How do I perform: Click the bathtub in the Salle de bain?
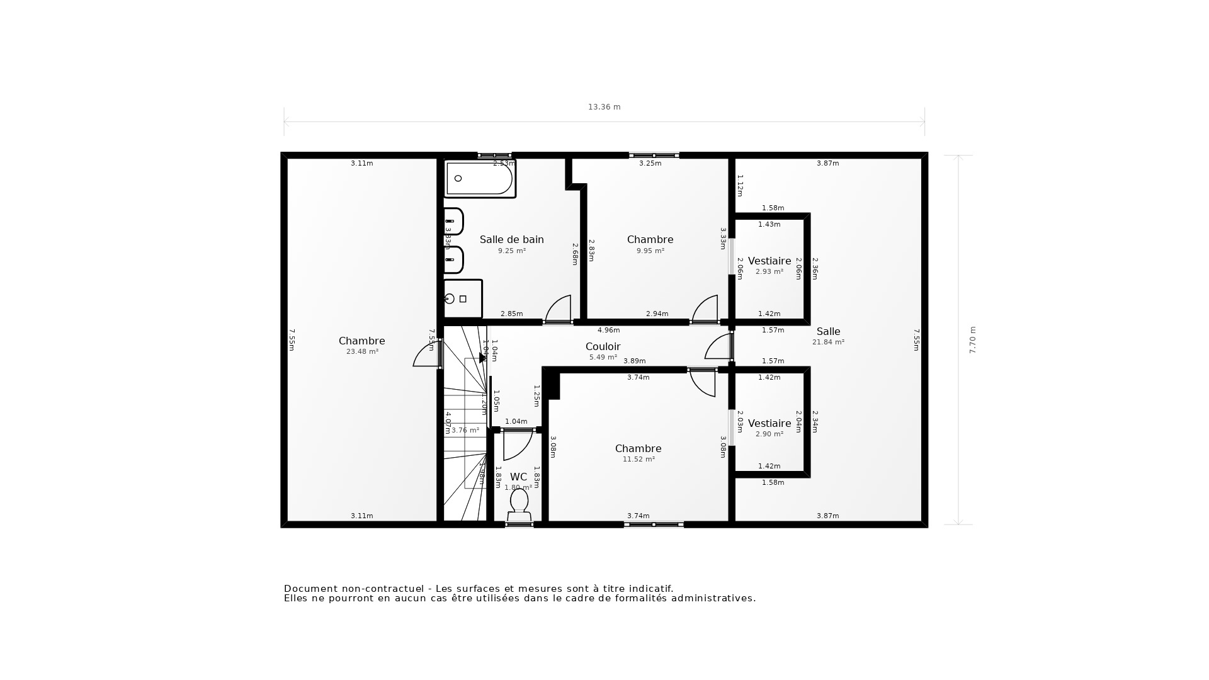[x=480, y=179]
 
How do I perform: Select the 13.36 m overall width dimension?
[x=604, y=107]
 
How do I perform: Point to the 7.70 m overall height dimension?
[x=972, y=340]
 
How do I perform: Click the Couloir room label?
[x=603, y=347]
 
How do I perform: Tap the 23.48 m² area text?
[x=362, y=352]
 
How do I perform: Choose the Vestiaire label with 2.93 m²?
[x=769, y=261]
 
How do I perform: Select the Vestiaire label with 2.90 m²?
[x=769, y=424]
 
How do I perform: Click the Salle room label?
[x=828, y=332]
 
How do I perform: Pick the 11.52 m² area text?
[x=639, y=460]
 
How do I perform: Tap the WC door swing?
[x=517, y=444]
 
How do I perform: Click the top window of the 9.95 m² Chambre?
[x=654, y=155]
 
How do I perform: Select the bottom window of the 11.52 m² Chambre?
[x=654, y=524]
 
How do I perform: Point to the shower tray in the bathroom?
[x=463, y=299]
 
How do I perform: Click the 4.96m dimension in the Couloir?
[x=608, y=331]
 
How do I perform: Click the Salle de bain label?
[x=511, y=240]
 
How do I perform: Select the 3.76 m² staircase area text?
[x=465, y=431]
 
